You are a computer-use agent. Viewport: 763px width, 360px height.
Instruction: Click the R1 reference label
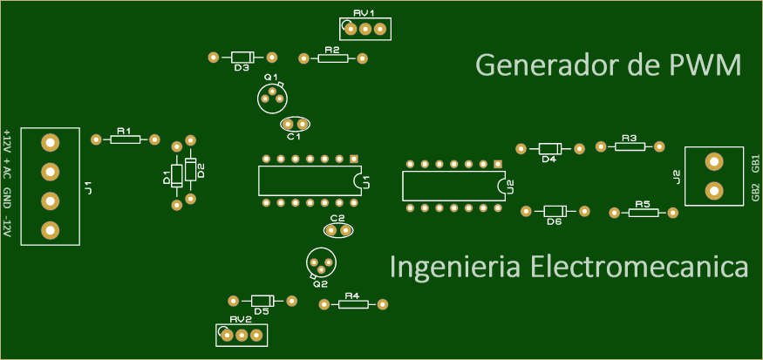124,131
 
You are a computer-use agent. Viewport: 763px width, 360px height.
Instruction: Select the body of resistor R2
333,58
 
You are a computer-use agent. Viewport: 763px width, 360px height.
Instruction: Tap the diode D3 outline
242,58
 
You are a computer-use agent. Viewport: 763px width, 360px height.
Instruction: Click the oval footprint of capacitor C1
295,125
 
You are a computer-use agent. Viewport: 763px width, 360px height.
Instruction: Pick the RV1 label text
364,14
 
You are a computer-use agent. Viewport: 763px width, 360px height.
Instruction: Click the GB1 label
755,164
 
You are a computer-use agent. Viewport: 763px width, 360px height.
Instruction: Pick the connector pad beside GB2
713,191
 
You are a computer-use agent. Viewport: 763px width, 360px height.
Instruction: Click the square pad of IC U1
354,159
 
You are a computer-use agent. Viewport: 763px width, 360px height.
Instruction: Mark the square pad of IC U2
497,164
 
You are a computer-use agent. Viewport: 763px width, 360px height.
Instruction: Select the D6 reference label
555,221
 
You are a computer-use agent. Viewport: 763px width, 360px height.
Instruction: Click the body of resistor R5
644,213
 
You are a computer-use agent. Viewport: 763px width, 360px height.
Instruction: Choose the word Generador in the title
552,65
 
